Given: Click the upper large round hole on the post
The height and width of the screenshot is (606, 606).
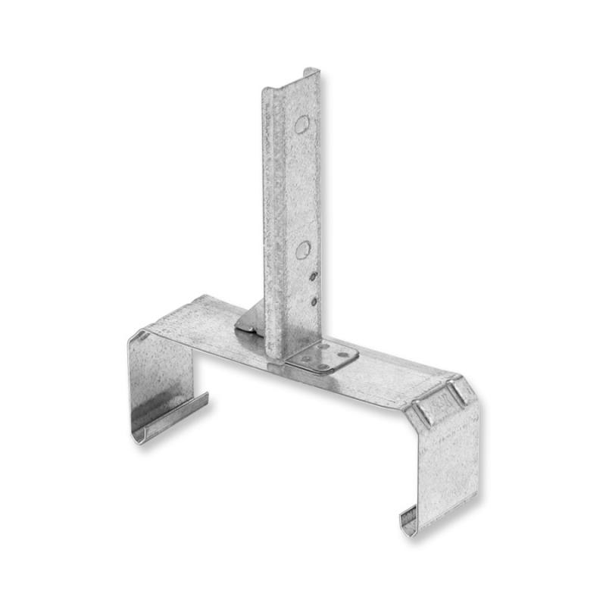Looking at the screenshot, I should [x=301, y=124].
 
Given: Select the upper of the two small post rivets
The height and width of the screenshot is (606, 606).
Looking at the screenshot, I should [x=312, y=277].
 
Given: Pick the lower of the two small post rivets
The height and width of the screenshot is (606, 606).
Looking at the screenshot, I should [x=314, y=301].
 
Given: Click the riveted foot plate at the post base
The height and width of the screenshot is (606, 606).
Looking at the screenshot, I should [x=322, y=357].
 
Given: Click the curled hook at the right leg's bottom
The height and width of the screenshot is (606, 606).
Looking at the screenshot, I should [x=408, y=522].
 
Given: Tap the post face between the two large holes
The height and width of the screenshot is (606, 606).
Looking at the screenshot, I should [x=299, y=186].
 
